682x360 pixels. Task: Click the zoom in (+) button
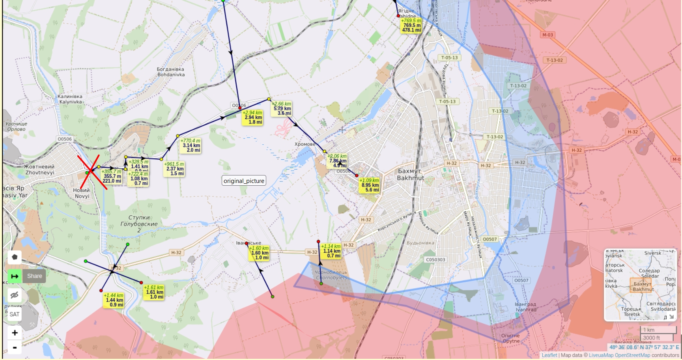coord(15,333)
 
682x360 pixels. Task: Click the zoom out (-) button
coord(15,347)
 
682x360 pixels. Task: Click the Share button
coord(35,276)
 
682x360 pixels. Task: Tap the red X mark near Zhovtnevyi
coord(92,171)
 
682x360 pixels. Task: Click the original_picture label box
coord(244,181)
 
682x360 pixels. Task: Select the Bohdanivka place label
coord(171,72)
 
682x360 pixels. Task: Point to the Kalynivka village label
coord(70,99)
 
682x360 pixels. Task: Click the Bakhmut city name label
coord(410,174)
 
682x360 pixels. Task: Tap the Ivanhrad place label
coord(525,307)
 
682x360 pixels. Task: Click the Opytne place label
coord(510,338)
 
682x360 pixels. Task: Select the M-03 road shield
coord(547,35)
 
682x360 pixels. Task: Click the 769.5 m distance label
coord(411,25)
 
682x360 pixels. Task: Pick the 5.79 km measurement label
coord(282,108)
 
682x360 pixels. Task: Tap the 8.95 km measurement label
coord(370,185)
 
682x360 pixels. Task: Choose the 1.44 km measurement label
coord(114,300)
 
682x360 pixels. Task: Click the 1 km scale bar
coord(657,330)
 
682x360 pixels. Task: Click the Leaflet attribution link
coord(549,355)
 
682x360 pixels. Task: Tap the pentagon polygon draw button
coord(15,257)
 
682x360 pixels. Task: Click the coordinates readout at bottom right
coord(644,347)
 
